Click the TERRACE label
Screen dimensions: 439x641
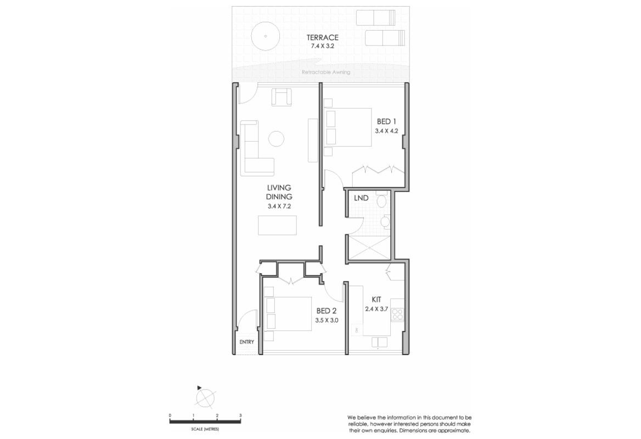[x=323, y=37]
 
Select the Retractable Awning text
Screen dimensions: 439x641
[x=326, y=72]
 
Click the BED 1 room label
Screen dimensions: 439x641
[x=386, y=121]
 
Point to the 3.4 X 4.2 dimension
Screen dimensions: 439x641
[x=386, y=131]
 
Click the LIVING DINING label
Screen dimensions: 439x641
[x=279, y=192]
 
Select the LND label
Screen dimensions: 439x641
[x=361, y=198]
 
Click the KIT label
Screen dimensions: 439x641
[x=376, y=300]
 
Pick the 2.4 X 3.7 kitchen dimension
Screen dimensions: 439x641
[x=376, y=309]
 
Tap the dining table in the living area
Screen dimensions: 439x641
[x=277, y=226]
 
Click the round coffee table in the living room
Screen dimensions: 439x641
[x=275, y=138]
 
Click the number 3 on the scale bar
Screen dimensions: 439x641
[x=240, y=415]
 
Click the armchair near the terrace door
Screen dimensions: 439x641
[x=282, y=98]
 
